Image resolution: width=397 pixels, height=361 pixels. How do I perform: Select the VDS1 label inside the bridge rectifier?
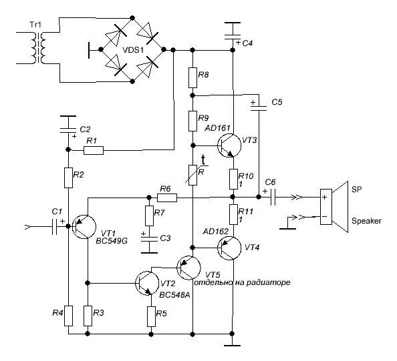(133, 50)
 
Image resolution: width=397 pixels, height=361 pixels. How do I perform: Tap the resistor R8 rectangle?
(192, 77)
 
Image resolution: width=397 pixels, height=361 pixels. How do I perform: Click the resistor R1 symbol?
(94, 150)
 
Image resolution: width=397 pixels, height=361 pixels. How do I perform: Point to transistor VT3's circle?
(229, 145)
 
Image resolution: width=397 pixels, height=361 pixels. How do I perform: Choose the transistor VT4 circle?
(229, 248)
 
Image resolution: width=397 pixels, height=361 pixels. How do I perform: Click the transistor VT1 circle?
(84, 226)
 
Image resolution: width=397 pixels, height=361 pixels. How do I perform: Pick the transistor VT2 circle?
(147, 283)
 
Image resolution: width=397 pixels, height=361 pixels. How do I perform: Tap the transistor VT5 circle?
(188, 268)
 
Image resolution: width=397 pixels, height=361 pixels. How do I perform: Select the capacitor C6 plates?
(273, 198)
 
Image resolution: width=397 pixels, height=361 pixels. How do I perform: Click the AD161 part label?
(217, 128)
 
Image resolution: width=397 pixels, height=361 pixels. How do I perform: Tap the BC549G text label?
(112, 241)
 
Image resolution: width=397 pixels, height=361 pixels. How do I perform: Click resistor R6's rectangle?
(167, 198)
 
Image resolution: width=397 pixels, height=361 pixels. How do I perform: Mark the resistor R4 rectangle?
(68, 316)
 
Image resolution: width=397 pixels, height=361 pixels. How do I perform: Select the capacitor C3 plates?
(149, 239)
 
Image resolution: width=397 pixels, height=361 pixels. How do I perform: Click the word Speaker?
(366, 221)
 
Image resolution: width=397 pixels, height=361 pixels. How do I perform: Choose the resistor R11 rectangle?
(233, 215)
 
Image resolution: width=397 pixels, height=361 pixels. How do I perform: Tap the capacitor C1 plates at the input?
(54, 226)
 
